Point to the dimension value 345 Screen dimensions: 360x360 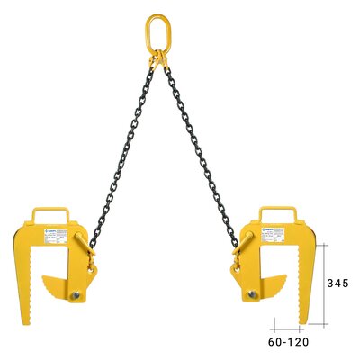[x=337, y=283]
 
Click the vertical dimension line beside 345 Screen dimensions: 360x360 [x=325, y=283]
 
